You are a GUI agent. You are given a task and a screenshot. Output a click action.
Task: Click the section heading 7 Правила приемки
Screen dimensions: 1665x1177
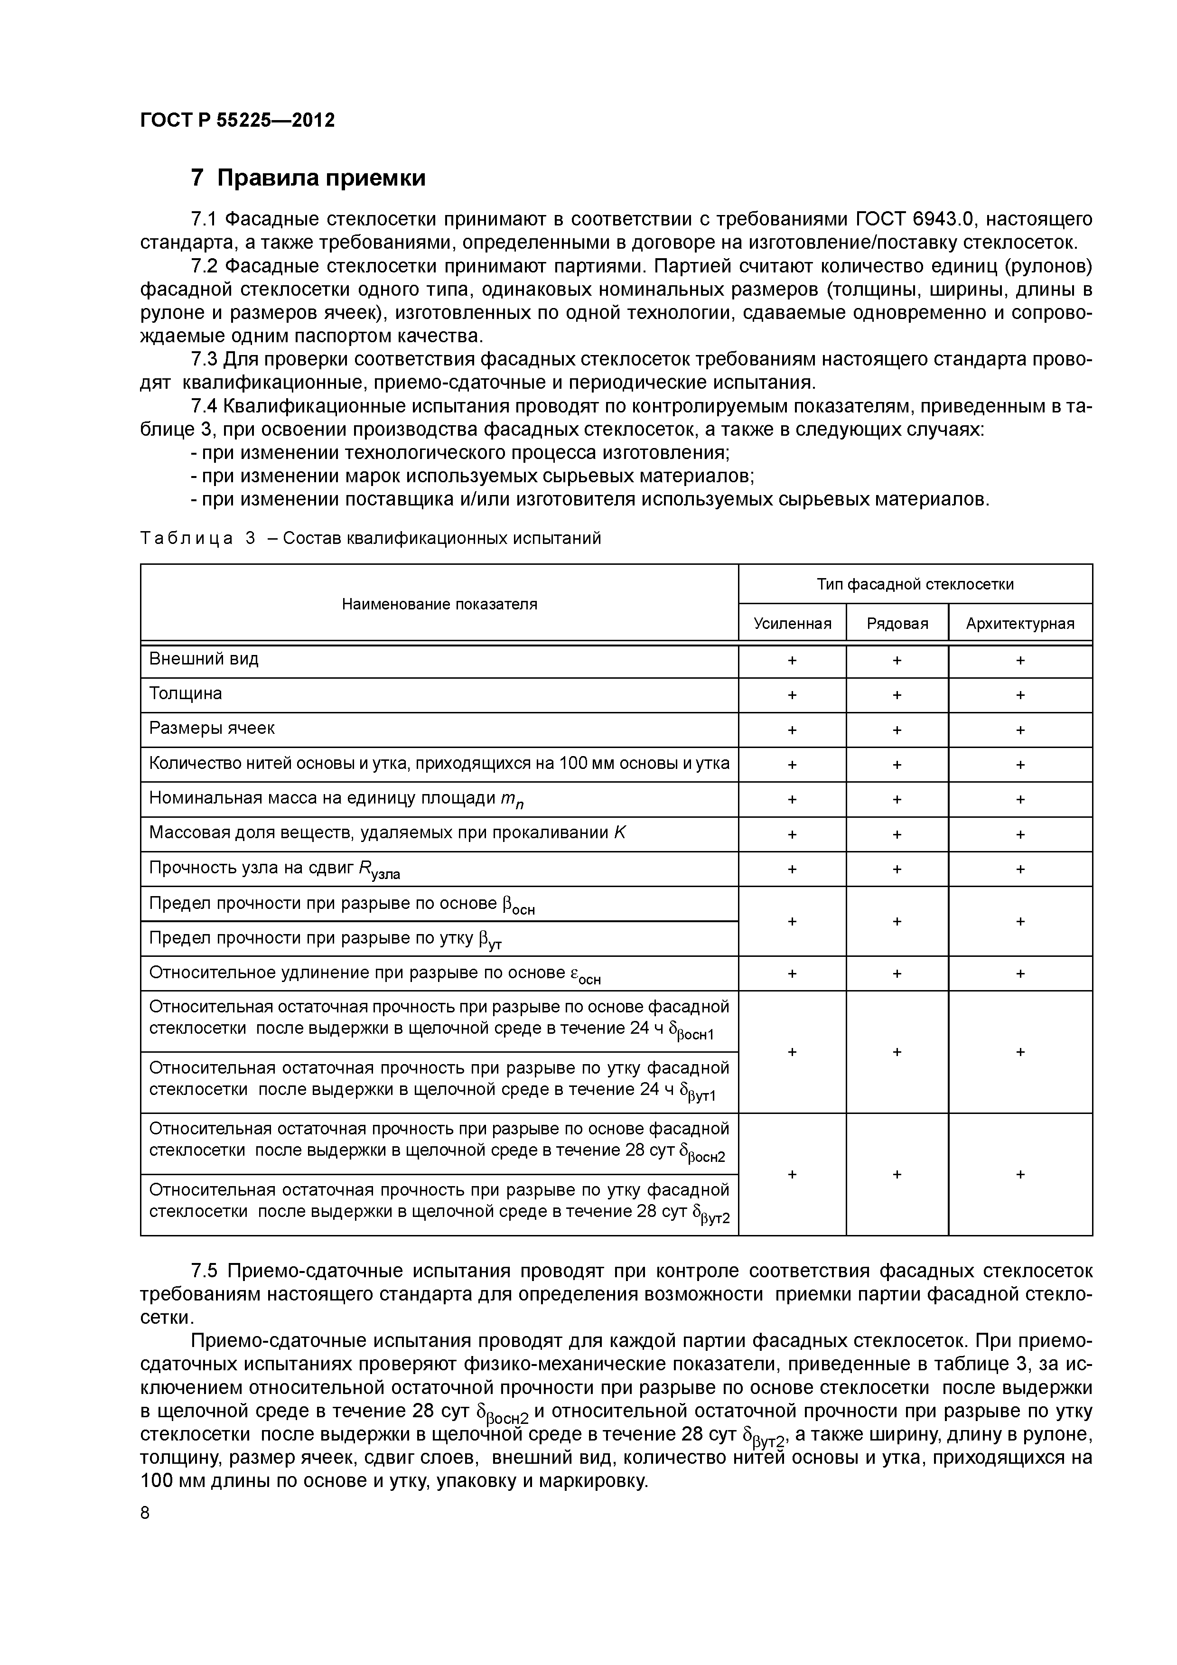[308, 178]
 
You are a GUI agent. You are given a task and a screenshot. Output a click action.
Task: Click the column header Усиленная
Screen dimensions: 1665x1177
[792, 624]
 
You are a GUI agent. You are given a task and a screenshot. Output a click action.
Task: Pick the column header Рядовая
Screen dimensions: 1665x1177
[897, 624]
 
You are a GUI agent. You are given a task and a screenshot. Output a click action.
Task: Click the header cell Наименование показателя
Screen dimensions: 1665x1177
[439, 604]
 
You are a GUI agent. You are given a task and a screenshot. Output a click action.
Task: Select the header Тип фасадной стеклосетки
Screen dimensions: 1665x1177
[915, 584]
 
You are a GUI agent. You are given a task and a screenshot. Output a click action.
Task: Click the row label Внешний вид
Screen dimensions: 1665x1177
[204, 659]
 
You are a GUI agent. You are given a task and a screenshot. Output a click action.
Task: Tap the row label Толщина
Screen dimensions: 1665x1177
[186, 694]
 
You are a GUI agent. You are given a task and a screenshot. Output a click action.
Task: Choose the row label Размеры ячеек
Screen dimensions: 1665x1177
[212, 728]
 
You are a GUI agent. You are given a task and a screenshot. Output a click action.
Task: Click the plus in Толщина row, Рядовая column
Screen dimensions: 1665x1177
[897, 695]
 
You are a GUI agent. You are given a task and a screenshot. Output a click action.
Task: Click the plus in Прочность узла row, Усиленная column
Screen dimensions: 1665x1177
[792, 869]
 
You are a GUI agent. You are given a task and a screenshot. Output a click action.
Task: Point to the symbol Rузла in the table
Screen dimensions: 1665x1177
[379, 870]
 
